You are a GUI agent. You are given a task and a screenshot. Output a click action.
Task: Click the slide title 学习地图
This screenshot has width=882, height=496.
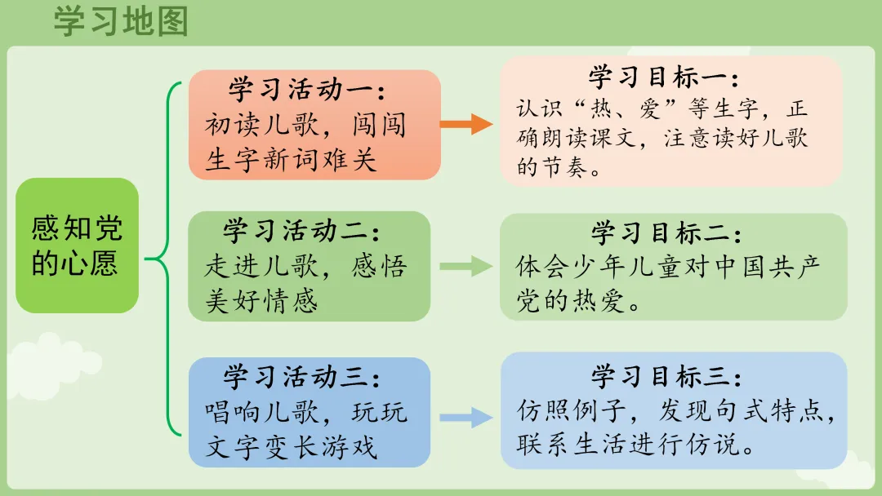tap(121, 22)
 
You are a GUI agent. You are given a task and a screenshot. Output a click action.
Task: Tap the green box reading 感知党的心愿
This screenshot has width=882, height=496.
tap(77, 245)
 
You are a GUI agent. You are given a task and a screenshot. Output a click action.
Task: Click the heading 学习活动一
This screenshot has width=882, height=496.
tap(306, 88)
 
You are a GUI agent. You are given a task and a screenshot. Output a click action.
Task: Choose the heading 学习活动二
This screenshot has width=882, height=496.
tap(302, 231)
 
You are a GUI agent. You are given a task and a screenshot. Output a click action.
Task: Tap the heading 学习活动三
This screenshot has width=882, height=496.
tap(302, 377)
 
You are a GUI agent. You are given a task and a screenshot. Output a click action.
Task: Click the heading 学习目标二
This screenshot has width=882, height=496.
tap(666, 233)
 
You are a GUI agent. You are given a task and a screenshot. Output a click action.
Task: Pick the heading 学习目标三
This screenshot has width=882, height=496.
tap(666, 377)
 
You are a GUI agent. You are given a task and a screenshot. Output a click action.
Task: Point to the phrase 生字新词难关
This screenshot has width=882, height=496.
tap(291, 158)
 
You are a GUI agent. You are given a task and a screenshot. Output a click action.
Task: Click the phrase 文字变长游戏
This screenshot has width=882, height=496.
tap(291, 446)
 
